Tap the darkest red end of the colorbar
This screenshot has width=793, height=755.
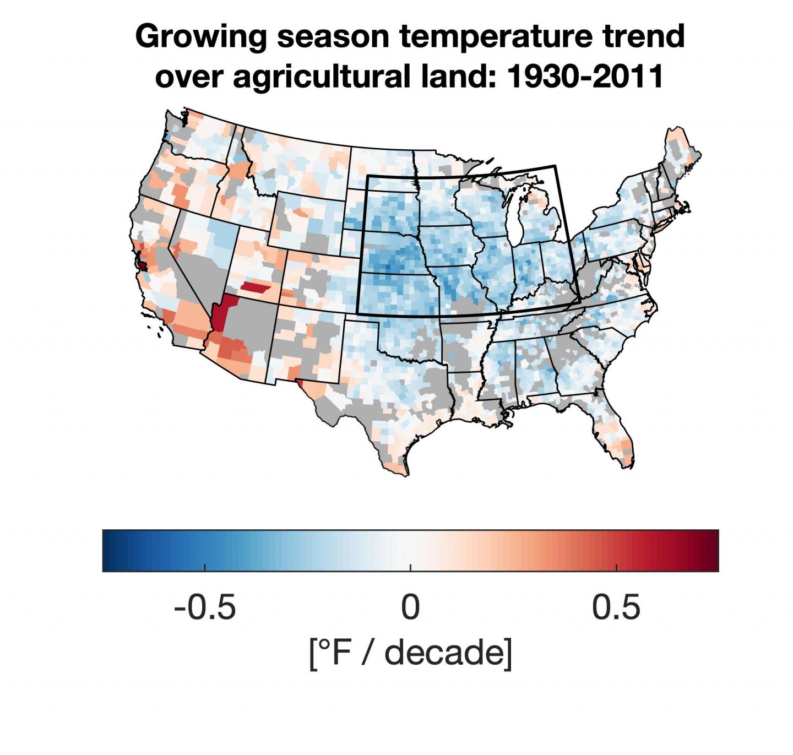(x=713, y=551)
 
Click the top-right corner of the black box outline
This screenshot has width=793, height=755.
(x=555, y=165)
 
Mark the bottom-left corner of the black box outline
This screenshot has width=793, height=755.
(x=358, y=313)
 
